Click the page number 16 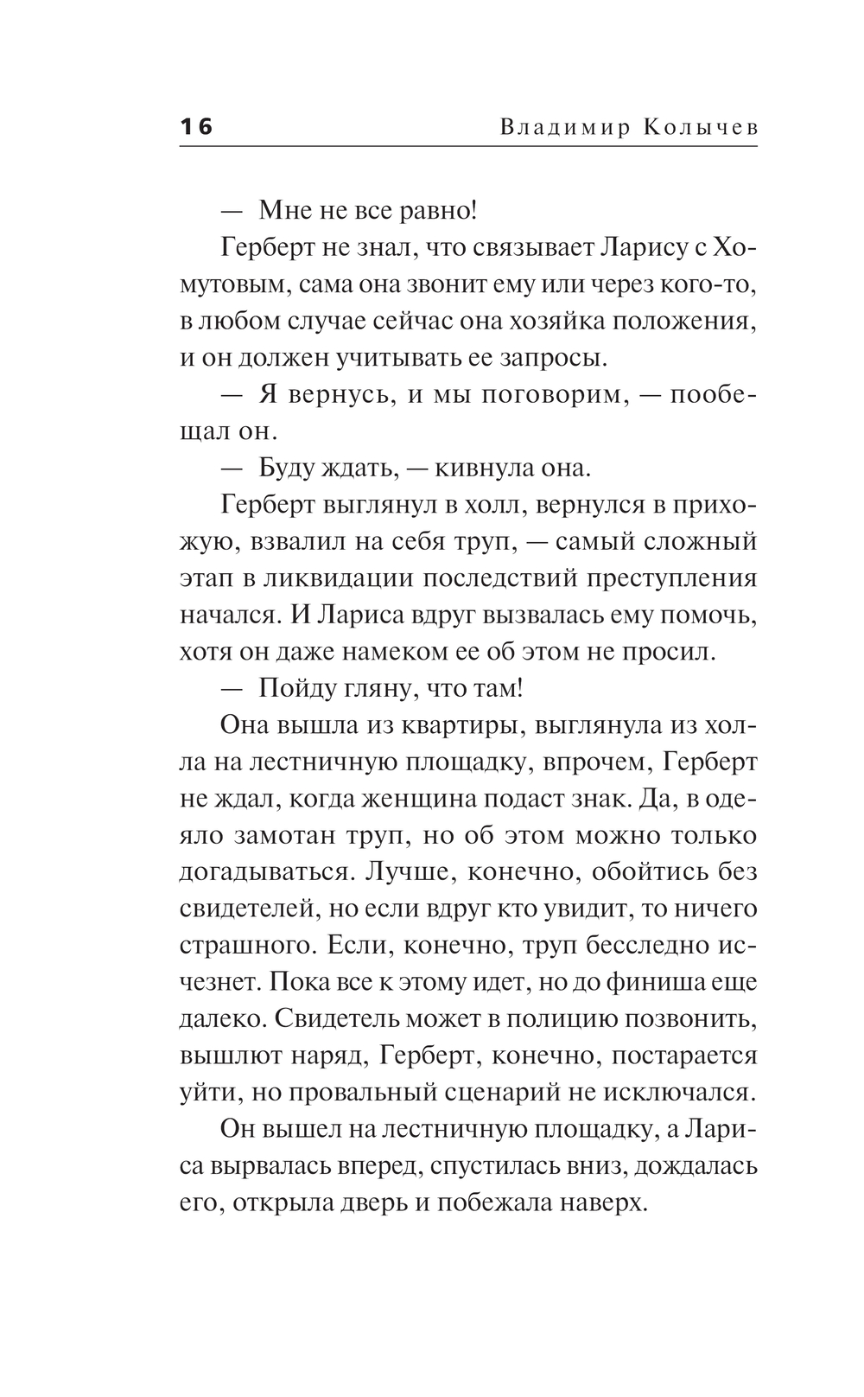pyautogui.click(x=196, y=127)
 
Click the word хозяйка pyautogui.click(x=550, y=322)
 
